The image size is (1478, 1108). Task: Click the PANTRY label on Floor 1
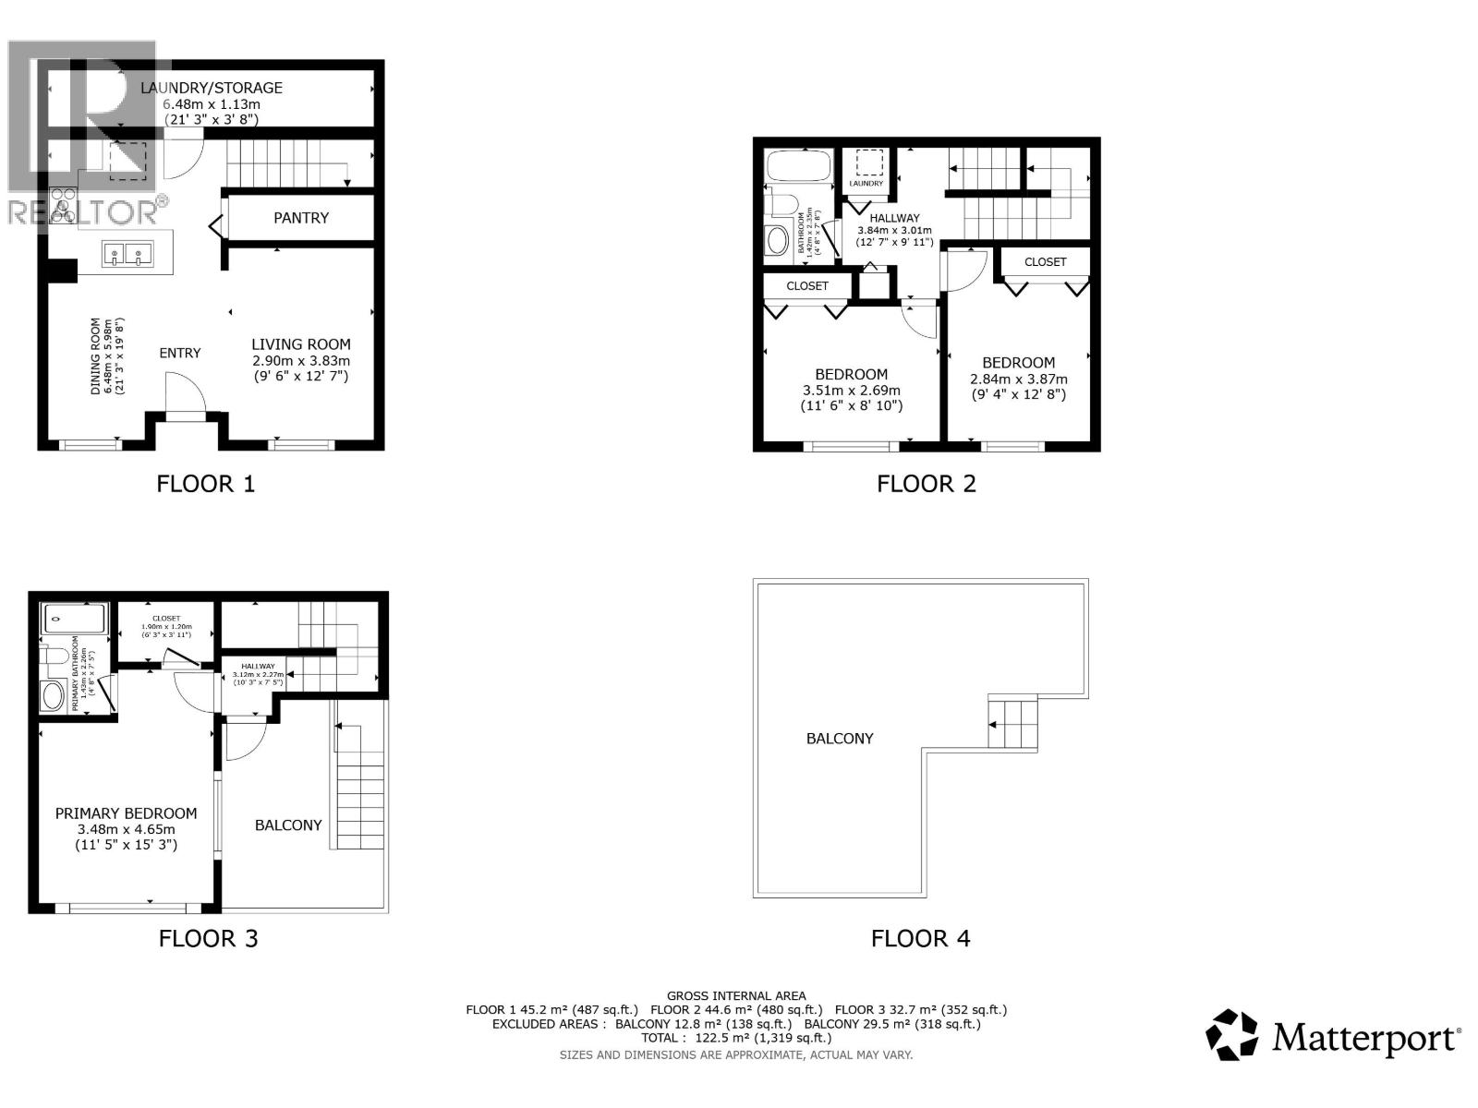[x=301, y=218]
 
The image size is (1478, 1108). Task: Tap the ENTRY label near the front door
[x=179, y=353]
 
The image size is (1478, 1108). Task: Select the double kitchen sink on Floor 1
[x=127, y=254]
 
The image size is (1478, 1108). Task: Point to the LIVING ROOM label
[x=301, y=344]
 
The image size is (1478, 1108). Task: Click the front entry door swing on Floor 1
[x=186, y=394]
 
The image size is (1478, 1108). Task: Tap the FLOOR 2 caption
[x=926, y=484]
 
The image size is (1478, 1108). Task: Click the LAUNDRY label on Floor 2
[x=866, y=184]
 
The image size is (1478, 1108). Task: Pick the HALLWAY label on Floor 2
[x=894, y=218]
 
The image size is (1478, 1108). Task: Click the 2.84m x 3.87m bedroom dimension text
[x=1018, y=379]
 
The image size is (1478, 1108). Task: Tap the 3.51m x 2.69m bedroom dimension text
[x=851, y=390]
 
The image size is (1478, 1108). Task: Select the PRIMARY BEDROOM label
[x=126, y=813]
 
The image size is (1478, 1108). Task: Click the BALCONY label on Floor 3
[x=288, y=825]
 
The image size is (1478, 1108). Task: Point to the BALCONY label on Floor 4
[x=839, y=739]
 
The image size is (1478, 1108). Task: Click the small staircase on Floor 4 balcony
[x=1012, y=724]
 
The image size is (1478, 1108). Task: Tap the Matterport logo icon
[x=1232, y=1035]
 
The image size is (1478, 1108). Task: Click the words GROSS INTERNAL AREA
[x=735, y=995]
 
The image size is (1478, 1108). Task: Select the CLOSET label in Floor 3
[x=166, y=618]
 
